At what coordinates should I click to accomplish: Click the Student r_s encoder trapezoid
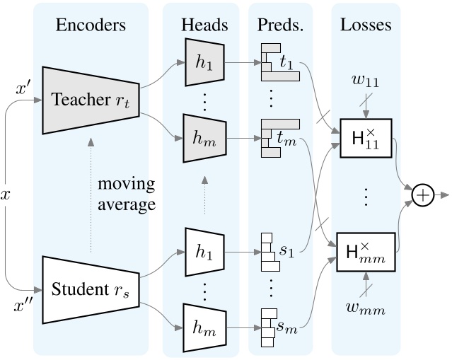(x=90, y=289)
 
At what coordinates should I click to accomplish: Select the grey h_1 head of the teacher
(x=205, y=59)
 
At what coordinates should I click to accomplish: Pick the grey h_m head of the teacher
(x=205, y=137)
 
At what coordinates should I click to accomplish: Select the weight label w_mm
(x=366, y=308)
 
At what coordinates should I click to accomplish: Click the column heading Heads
(x=205, y=25)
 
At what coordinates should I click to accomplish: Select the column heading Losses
(x=366, y=25)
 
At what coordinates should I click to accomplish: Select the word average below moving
(x=126, y=205)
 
